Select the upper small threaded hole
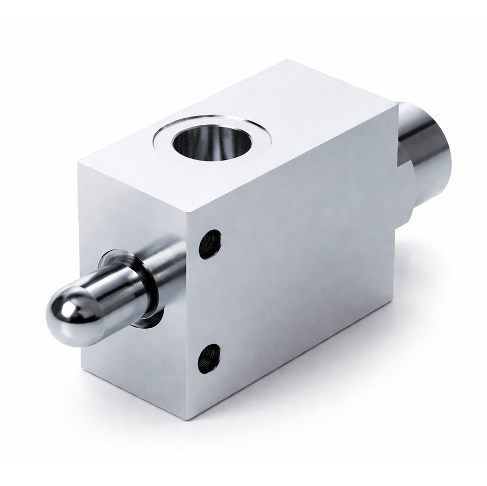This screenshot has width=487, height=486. pos(209,244)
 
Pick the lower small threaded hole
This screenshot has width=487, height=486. pos(209,358)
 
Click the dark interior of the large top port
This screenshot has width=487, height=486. pos(211,142)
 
